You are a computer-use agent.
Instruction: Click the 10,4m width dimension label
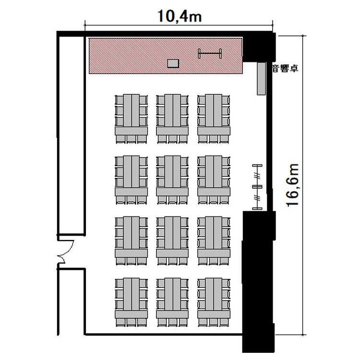(x=180, y=16)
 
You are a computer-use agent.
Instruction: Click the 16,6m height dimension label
(x=293, y=185)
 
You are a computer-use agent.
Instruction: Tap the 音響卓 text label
(x=285, y=69)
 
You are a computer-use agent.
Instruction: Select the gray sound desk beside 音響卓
(x=261, y=78)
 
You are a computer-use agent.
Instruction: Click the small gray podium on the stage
(x=173, y=63)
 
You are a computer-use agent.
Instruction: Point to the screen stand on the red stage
(x=210, y=54)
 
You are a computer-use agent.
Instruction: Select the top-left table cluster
(x=131, y=119)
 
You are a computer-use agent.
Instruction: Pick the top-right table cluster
(x=214, y=119)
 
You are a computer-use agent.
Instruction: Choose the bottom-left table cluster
(x=131, y=302)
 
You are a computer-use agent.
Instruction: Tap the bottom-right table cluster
(x=214, y=302)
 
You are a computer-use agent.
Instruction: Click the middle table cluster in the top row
(x=172, y=119)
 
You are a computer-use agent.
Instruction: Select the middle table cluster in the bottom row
(x=172, y=302)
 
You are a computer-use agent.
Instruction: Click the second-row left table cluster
(x=131, y=180)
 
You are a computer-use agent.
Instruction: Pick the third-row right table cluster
(x=214, y=241)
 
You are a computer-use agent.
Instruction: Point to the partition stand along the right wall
(x=257, y=187)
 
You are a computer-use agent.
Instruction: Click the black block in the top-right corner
(x=259, y=47)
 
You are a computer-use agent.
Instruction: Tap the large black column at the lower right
(x=259, y=281)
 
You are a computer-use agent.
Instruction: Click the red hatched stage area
(x=166, y=56)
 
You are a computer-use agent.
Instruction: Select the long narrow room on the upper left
(x=71, y=135)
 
